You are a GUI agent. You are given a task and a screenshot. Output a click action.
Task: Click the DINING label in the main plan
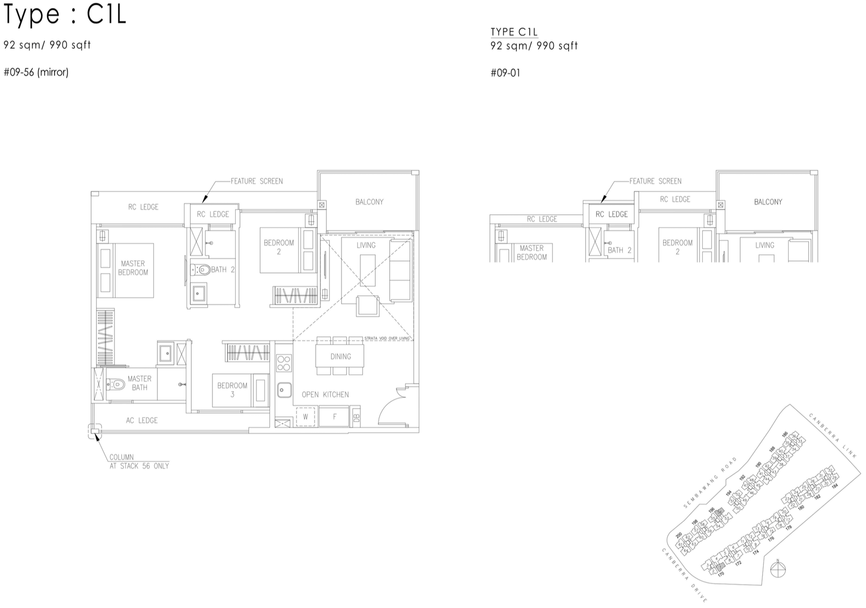340,356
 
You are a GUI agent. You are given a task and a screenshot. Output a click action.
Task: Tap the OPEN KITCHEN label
325,395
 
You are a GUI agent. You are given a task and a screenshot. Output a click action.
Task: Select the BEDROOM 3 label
232,390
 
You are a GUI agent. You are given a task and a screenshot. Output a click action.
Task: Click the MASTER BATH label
139,383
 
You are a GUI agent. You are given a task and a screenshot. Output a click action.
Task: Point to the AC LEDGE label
142,420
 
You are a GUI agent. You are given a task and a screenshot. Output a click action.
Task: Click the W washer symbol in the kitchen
305,417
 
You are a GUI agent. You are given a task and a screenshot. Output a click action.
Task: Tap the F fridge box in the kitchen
334,417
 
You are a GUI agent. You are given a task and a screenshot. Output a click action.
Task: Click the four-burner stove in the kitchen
284,363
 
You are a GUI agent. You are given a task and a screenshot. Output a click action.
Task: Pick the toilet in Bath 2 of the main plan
201,270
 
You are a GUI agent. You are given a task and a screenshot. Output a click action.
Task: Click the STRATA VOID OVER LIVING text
387,338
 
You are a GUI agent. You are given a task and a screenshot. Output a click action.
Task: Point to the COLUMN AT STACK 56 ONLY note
139,462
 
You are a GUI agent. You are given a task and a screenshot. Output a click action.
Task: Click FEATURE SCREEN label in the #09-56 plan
256,181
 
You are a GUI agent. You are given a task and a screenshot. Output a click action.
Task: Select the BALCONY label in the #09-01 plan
768,202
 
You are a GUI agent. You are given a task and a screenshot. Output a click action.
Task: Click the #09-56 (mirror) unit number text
36,72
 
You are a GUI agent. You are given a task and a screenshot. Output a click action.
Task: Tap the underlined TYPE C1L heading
514,32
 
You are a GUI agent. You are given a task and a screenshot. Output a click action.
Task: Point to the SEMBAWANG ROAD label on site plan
710,483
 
